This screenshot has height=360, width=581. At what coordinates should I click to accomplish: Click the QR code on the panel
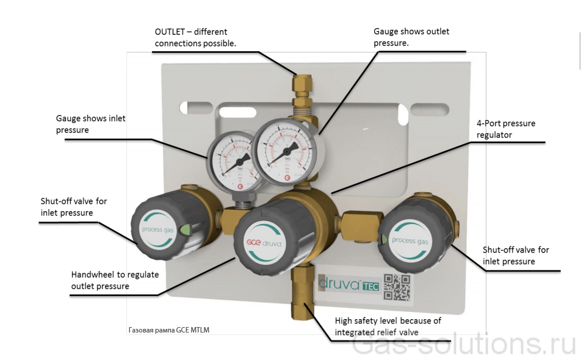point(396,287)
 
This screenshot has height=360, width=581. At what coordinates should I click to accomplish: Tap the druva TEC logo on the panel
point(349,284)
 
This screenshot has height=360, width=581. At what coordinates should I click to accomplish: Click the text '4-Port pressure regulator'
point(505,129)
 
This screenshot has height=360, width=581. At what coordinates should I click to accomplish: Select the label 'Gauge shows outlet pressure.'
point(411,37)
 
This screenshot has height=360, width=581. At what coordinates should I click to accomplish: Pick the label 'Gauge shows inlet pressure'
point(90,124)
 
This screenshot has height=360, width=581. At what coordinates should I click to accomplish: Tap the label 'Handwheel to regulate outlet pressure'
point(115,280)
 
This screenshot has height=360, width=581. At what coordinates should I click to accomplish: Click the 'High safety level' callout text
point(388,326)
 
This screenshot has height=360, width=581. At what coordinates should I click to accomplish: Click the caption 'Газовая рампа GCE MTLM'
point(169,330)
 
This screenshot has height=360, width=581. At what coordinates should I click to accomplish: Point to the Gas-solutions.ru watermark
point(464,345)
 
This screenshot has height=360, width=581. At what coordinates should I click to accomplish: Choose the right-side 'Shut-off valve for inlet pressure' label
point(516,256)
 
